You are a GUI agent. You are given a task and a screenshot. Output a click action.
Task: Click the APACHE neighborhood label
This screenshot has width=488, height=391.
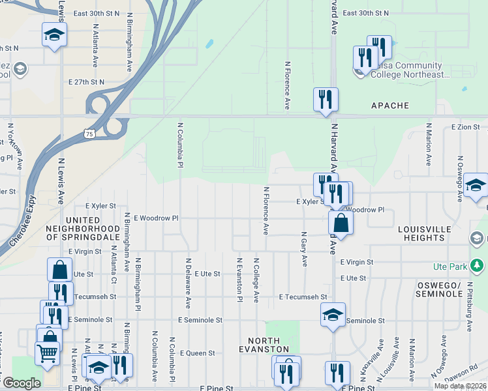coord(390,106)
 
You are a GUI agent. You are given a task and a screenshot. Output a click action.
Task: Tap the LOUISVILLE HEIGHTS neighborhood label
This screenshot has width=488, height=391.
coord(425,233)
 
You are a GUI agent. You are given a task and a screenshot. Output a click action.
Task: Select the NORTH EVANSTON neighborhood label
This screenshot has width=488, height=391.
coord(264,345)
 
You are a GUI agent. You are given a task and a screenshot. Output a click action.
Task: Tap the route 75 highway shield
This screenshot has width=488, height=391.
coord(89,133)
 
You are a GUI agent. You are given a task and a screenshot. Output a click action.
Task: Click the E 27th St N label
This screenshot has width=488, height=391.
coord(86,82)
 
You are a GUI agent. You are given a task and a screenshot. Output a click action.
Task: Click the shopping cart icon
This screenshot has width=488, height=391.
coord(48,355)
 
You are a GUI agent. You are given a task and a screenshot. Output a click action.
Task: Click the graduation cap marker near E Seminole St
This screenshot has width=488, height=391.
coord(333,316)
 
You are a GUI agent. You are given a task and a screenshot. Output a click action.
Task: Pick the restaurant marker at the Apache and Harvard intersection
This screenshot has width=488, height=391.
coord(326,99)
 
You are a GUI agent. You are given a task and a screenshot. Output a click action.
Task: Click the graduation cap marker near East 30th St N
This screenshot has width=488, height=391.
coord(55,34)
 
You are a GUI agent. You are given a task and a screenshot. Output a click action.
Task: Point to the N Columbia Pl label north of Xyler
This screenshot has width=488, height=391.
coord(179,144)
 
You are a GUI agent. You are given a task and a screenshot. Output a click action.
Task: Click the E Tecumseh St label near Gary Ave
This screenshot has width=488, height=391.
coord(302,297)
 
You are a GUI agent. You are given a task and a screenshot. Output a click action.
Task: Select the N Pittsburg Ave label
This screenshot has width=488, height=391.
coord(468,301)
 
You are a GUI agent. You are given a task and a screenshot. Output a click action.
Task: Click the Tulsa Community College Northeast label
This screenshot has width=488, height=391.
coord(410,70)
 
